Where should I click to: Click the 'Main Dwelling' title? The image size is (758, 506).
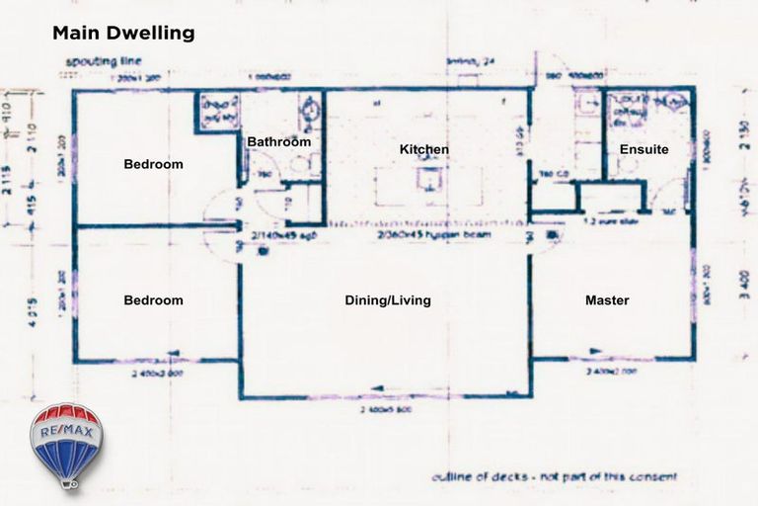[x=123, y=34]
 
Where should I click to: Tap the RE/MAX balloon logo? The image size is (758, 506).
[x=66, y=445]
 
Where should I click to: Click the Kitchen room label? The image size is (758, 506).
[x=424, y=149]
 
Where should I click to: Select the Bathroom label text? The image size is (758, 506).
[x=278, y=141]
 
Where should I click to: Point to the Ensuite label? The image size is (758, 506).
[x=644, y=149]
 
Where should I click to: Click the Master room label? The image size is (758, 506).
[x=607, y=299]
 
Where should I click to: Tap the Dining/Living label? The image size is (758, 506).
[x=387, y=299]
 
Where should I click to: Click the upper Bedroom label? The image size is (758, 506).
[x=153, y=164]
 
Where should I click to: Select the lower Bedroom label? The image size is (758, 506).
[x=153, y=299]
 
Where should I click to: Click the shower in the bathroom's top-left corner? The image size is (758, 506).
[x=216, y=111]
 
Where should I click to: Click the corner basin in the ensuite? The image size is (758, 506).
[x=676, y=102]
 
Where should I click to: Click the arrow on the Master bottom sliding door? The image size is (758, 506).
[x=595, y=350]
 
